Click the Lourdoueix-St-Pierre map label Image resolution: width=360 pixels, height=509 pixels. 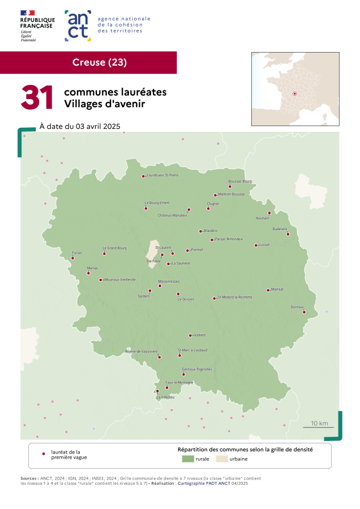(163, 175)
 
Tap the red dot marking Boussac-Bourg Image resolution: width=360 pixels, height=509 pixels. (230, 186)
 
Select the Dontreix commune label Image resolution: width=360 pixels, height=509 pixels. (297, 307)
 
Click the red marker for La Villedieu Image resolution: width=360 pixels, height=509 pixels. (157, 391)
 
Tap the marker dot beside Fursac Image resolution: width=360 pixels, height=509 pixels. (72, 258)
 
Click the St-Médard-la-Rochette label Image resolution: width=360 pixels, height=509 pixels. (235, 297)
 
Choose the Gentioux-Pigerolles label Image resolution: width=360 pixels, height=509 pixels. (196, 369)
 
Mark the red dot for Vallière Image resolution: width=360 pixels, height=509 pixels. (190, 335)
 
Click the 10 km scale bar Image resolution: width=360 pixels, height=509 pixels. (318, 427)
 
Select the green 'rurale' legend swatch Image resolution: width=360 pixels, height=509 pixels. (187, 459)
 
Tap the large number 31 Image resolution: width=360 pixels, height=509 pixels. (37, 98)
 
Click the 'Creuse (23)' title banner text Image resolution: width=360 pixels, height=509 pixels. (100, 62)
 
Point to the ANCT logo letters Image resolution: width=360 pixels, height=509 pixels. (78, 25)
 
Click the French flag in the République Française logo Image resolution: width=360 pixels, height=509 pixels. (28, 12)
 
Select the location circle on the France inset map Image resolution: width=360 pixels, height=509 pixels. (294, 94)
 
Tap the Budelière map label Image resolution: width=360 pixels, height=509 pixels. (280, 228)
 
